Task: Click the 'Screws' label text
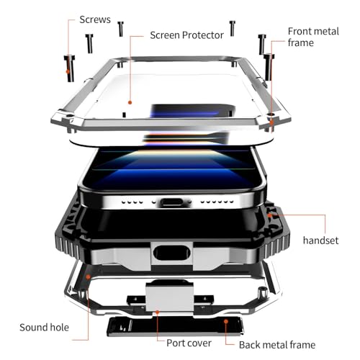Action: (x=95, y=19)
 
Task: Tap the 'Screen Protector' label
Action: (x=186, y=35)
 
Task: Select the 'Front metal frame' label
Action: (x=313, y=37)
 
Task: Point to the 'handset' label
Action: (x=320, y=240)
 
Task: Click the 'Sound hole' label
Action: (x=44, y=328)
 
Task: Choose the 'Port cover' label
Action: (x=189, y=343)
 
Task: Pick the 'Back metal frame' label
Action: (x=277, y=345)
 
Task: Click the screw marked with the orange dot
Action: (x=69, y=68)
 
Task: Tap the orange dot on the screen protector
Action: (x=130, y=102)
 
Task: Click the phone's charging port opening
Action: (x=172, y=202)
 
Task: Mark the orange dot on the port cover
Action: (x=157, y=312)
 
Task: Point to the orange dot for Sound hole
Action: (x=89, y=277)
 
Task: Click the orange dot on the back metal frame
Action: (x=226, y=321)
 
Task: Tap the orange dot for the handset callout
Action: (x=270, y=215)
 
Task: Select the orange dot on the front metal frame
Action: (x=271, y=122)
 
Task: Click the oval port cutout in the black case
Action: (x=172, y=253)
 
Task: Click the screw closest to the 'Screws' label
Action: (x=120, y=29)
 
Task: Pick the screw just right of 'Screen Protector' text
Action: (x=233, y=28)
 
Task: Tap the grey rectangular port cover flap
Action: (x=169, y=297)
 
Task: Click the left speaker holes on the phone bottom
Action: (x=132, y=202)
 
